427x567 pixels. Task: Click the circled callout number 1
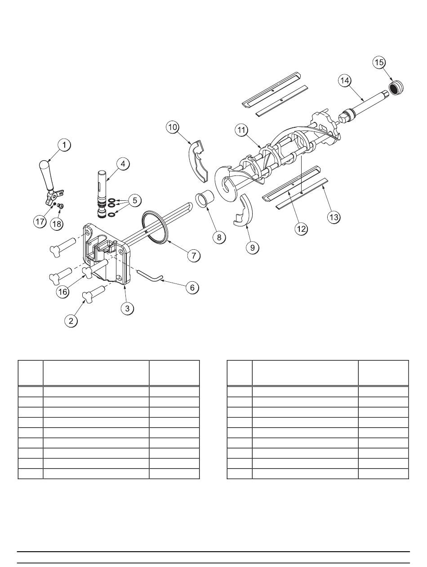pyautogui.click(x=64, y=145)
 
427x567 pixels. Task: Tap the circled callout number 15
pyautogui.click(x=379, y=63)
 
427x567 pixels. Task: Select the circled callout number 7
pyautogui.click(x=194, y=256)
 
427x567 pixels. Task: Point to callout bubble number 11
pyautogui.click(x=241, y=130)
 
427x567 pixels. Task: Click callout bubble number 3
pyautogui.click(x=127, y=308)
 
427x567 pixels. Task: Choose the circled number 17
pyautogui.click(x=40, y=221)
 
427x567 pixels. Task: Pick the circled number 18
pyautogui.click(x=57, y=224)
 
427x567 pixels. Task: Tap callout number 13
pyautogui.click(x=334, y=217)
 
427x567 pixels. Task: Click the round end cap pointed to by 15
pyautogui.click(x=396, y=87)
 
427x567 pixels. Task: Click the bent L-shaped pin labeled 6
pyautogui.click(x=150, y=275)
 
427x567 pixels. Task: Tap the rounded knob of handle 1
pyautogui.click(x=44, y=165)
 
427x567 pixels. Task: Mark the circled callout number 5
pyautogui.click(x=135, y=200)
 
